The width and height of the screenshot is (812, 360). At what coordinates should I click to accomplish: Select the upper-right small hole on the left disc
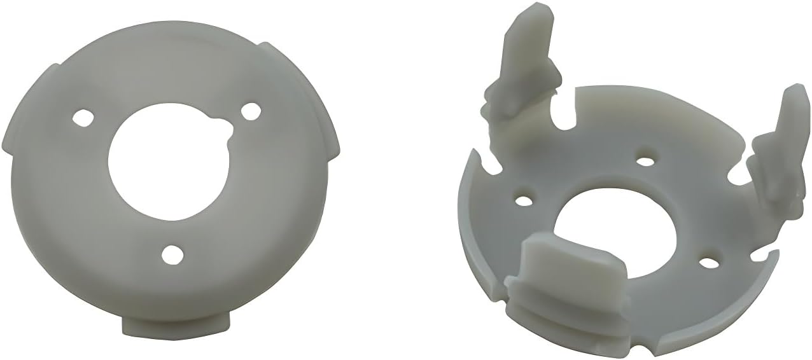(251, 109)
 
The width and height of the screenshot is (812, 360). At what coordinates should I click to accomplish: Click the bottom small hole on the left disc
(171, 254)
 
